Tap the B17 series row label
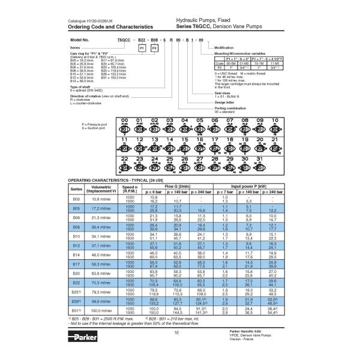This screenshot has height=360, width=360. point(76,264)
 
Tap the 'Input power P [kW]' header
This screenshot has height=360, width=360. point(253,187)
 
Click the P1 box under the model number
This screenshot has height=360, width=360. point(142,47)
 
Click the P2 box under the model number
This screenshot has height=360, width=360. point(154,47)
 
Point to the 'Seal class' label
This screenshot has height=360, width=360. point(222,93)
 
